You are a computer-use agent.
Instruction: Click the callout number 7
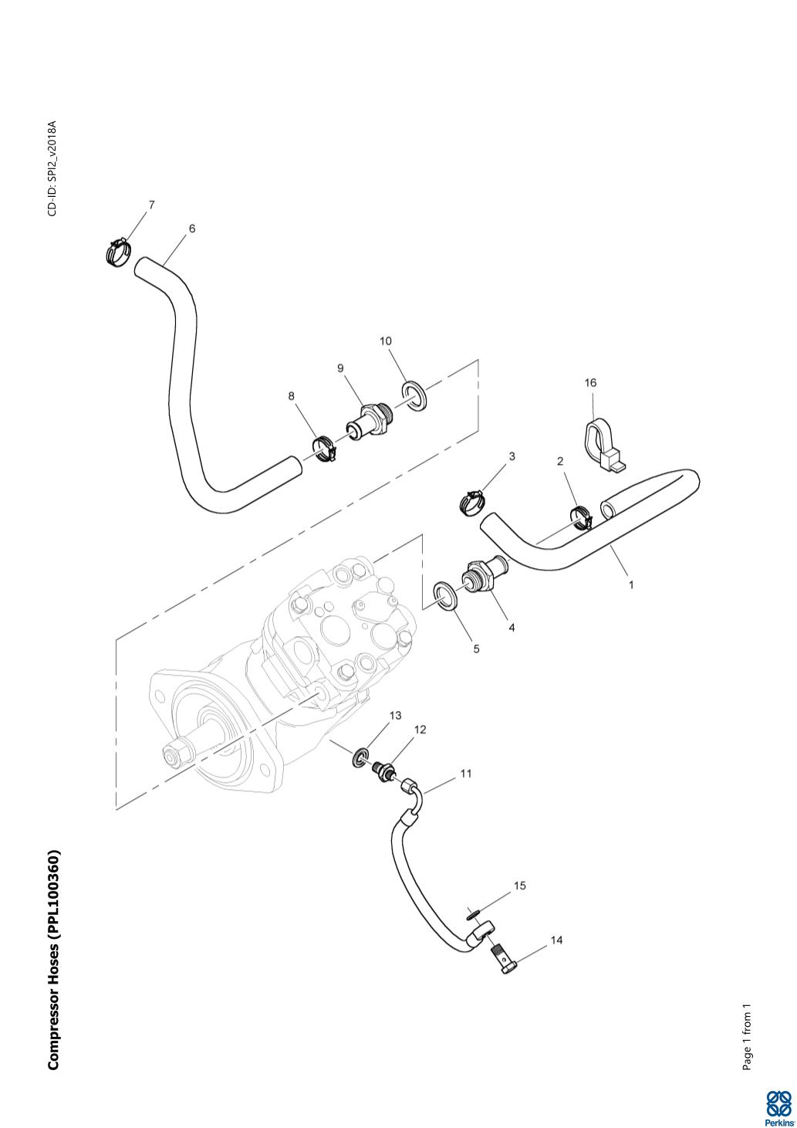click(x=151, y=205)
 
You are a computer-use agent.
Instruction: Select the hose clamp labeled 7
click(x=118, y=252)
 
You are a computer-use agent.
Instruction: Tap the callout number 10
click(x=386, y=340)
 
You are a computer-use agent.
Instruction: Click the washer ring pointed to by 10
click(x=415, y=395)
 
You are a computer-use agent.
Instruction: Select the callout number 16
click(x=591, y=383)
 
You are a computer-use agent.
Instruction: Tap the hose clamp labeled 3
click(x=471, y=502)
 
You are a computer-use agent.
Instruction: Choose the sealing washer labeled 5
click(x=447, y=595)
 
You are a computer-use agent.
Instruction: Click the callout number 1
click(x=631, y=584)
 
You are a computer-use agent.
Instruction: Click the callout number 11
click(x=466, y=773)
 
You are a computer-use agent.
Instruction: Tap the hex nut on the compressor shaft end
click(x=176, y=752)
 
